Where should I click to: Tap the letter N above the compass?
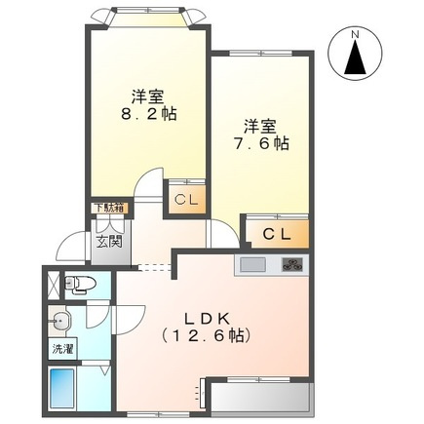(356, 34)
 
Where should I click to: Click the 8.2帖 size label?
(149, 113)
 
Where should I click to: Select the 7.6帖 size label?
(263, 142)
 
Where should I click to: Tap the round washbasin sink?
(61, 319)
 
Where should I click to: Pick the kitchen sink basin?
(252, 265)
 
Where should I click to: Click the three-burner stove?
(292, 264)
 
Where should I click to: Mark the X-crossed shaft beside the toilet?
(52, 283)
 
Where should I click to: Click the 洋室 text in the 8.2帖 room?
(148, 96)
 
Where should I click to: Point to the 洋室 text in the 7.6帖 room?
(261, 125)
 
